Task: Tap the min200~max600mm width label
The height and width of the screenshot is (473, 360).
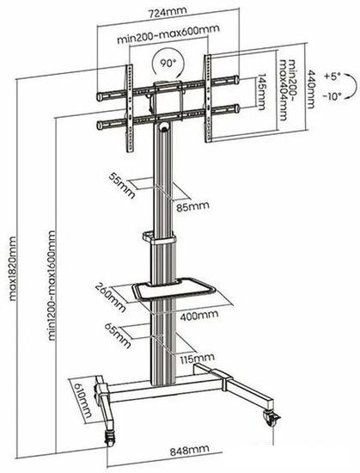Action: click(x=168, y=34)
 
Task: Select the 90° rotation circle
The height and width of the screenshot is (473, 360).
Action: click(x=168, y=64)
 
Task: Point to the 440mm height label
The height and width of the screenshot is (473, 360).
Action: click(x=311, y=89)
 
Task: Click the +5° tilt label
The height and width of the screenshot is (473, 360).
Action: click(x=332, y=77)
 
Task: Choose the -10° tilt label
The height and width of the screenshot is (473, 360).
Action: click(x=333, y=96)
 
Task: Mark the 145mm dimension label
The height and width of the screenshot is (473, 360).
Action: click(x=261, y=92)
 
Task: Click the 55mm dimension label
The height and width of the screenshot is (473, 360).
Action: click(x=122, y=186)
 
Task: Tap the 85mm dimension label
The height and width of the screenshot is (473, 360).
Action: click(x=192, y=207)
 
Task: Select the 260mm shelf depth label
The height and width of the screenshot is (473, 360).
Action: click(x=110, y=298)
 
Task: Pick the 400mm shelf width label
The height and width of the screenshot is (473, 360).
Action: click(x=199, y=316)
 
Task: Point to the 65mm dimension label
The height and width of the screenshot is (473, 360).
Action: click(x=118, y=335)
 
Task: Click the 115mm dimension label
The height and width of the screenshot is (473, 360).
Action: click(x=198, y=359)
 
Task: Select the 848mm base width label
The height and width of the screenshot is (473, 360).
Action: click(x=190, y=451)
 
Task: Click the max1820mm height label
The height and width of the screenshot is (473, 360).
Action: click(x=12, y=269)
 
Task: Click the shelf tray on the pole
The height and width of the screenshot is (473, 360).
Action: click(x=174, y=289)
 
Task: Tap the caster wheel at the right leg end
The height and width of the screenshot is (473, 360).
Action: click(x=272, y=419)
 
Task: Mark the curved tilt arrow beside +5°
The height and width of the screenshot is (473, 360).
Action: click(x=351, y=86)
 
